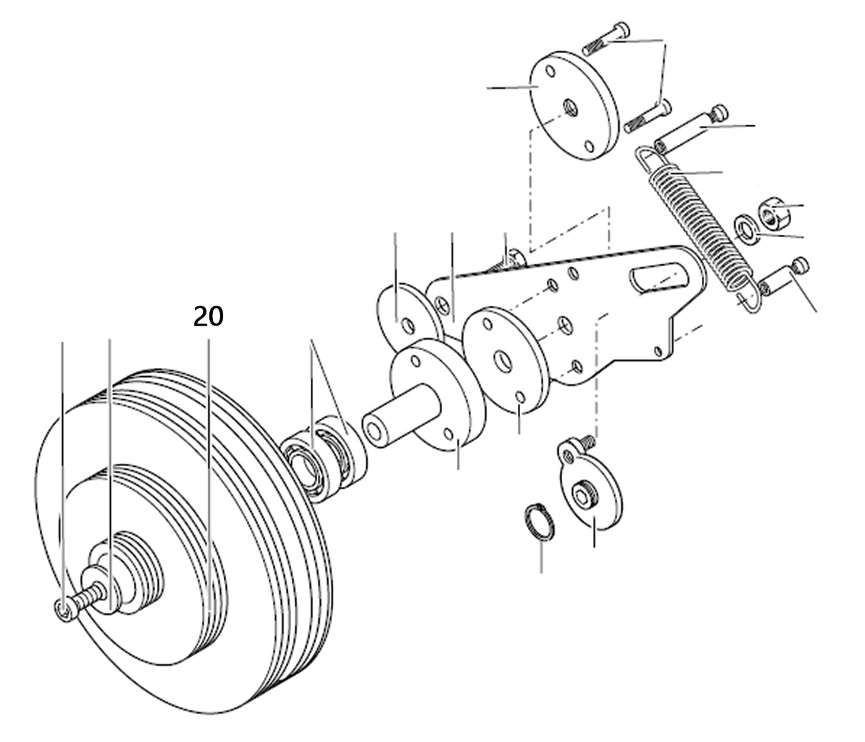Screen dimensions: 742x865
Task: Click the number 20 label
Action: [208, 317]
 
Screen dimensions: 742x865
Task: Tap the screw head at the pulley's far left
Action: [63, 609]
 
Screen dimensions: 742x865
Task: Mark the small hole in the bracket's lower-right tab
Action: [658, 350]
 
